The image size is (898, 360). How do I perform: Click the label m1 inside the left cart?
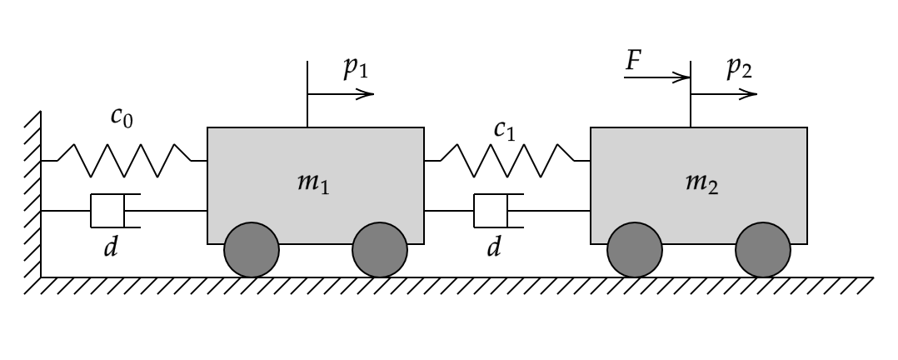pos(313,184)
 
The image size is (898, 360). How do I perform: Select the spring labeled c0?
pos(124,160)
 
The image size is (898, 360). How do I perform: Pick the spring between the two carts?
pos(507,160)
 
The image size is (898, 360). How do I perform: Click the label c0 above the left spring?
pos(122,116)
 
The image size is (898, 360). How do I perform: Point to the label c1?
pos(505,129)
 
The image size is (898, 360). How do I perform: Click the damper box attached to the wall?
pos(107,211)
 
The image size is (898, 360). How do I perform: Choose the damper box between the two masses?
pos(491,211)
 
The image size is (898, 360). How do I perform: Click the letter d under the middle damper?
pos(494,247)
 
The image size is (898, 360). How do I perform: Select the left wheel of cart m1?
pos(252,250)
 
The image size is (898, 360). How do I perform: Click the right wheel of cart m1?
pos(380,250)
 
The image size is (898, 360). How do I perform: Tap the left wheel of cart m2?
pos(635,250)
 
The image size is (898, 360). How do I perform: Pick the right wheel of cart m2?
pos(763,250)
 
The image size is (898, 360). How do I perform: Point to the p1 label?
pos(356,69)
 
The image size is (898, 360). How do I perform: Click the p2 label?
pos(739,69)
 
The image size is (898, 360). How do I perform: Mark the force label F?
pos(635,60)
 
